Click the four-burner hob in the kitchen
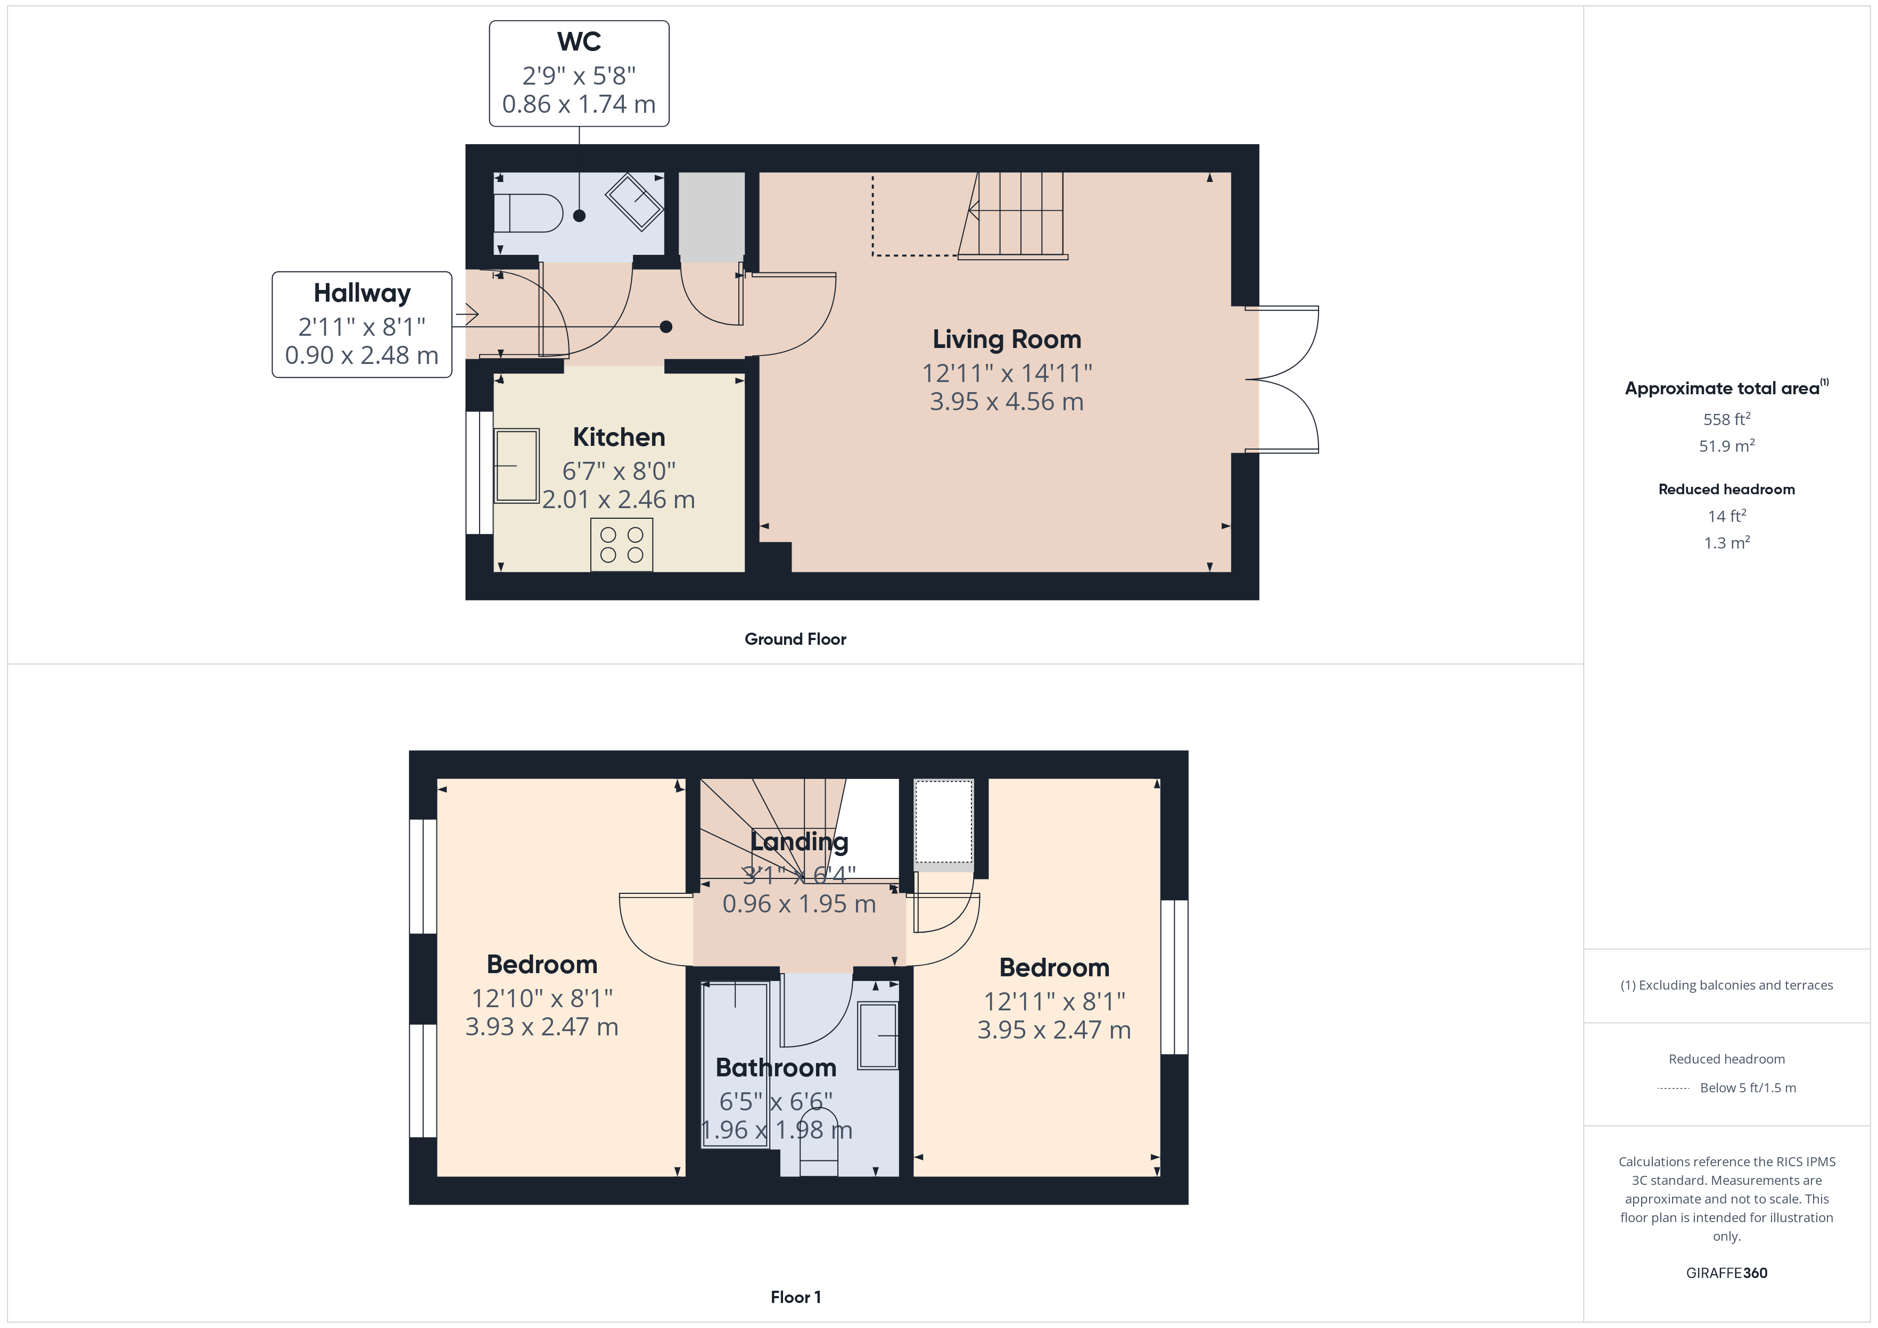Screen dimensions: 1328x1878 point(622,545)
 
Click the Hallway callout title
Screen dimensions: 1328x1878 point(361,293)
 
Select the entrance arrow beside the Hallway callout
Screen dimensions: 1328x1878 point(468,314)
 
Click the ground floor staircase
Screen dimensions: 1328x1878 point(1018,214)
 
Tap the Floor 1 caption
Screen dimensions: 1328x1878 point(795,1297)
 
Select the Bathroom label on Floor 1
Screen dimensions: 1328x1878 point(776,1067)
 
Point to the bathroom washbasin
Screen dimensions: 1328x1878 point(878,1035)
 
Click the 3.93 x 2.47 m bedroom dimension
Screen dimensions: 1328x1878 point(541,1027)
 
